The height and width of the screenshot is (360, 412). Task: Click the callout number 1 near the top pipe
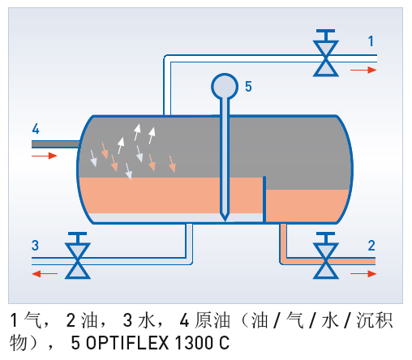pos(371,41)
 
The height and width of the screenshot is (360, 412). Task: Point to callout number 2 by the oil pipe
pos(371,246)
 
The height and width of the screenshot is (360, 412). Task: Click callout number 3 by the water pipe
pos(35,246)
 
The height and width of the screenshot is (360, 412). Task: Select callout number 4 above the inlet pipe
pos(36,129)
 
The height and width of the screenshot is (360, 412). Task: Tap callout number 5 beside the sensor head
pos(248,87)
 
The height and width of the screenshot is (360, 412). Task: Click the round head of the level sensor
pos(225,87)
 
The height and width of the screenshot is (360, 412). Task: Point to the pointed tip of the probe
pos(225,220)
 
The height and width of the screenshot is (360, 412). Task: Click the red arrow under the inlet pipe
pos(45,156)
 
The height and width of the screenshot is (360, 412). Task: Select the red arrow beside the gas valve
pos(363,70)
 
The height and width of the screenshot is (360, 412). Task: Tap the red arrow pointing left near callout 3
pos(45,274)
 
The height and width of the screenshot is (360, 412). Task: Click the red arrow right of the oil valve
pos(363,274)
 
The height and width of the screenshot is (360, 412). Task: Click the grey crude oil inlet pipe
pos(55,144)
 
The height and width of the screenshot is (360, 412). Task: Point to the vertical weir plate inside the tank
pos(264,199)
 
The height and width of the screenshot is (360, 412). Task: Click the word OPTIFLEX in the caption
pos(127,343)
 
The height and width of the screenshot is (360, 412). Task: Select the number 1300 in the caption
pos(195,343)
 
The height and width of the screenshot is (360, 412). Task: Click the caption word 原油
pos(212,320)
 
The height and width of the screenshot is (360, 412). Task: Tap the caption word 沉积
pos(375,320)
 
